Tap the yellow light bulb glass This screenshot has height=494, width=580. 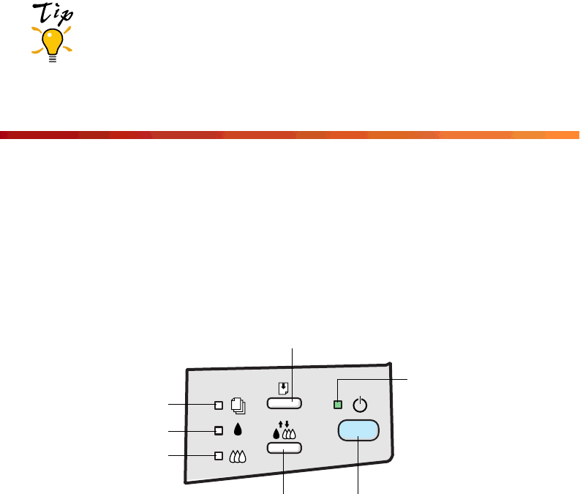(x=52, y=42)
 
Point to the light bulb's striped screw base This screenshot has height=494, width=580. (x=52, y=58)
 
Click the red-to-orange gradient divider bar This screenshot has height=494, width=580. (x=290, y=135)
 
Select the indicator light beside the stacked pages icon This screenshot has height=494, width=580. (x=218, y=403)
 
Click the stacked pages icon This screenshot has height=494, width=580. (x=238, y=403)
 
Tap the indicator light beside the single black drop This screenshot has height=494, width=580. (x=218, y=430)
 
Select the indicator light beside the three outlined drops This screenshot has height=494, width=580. (x=218, y=456)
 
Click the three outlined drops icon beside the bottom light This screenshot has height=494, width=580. (x=238, y=456)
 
